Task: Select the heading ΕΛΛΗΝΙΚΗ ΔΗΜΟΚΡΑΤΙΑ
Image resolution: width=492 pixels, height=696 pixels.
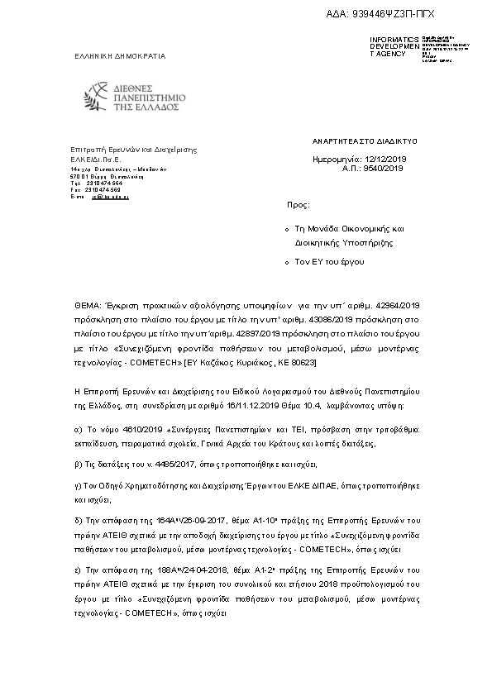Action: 118,56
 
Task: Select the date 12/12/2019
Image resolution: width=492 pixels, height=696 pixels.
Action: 385,158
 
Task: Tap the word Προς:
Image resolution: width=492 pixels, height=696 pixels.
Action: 299,203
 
